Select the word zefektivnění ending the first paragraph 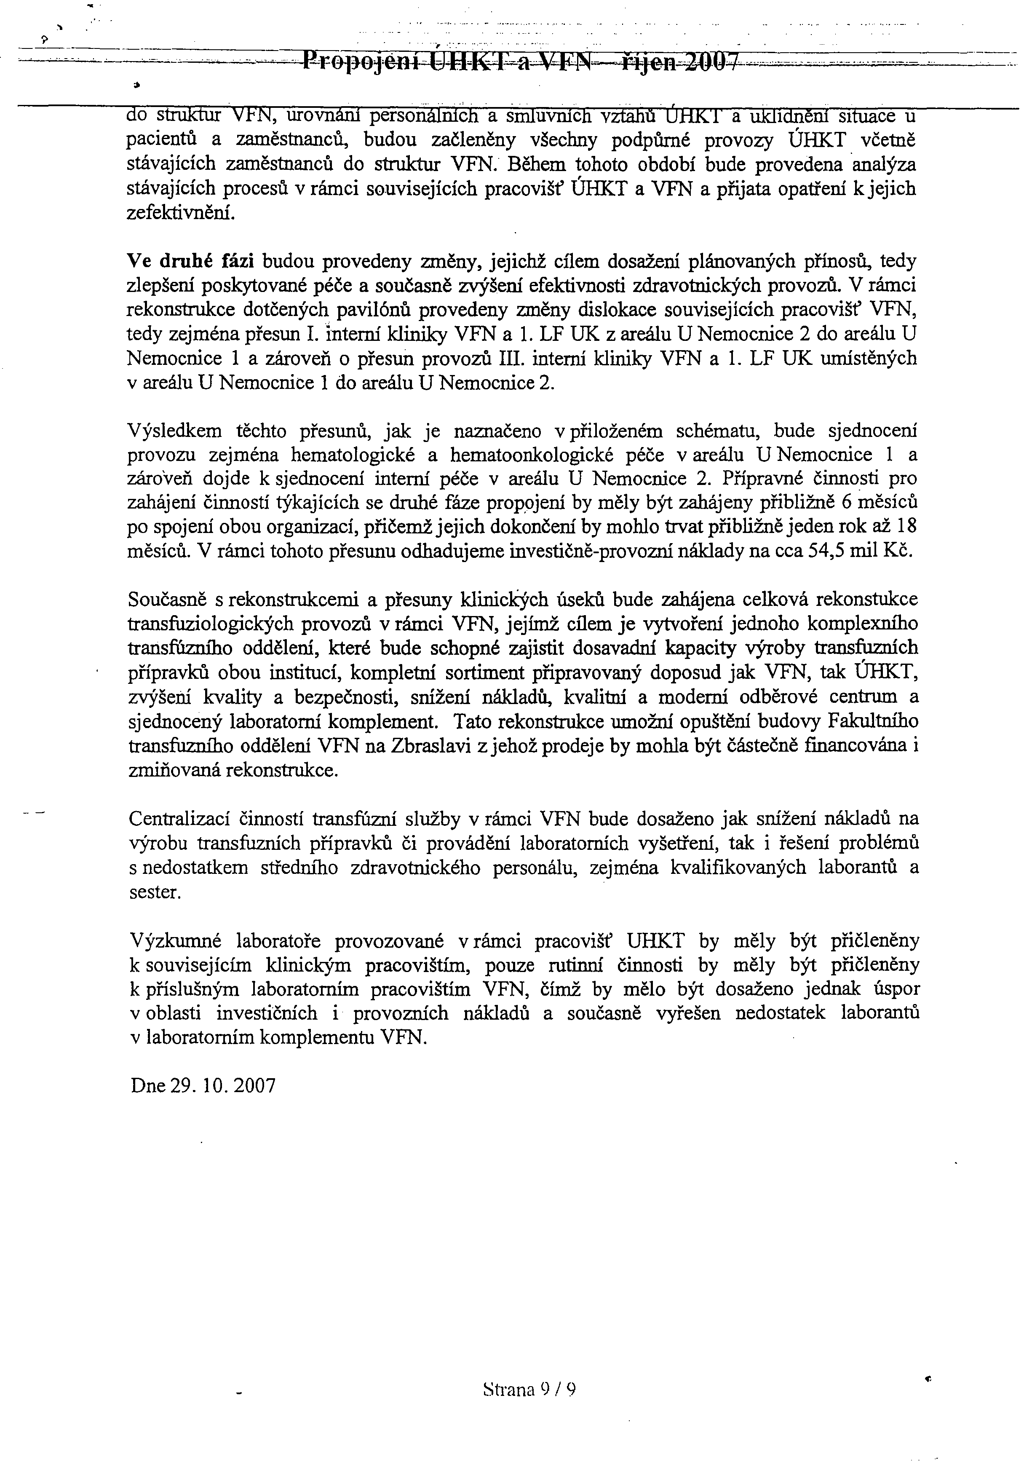(181, 213)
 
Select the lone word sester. (155, 892)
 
